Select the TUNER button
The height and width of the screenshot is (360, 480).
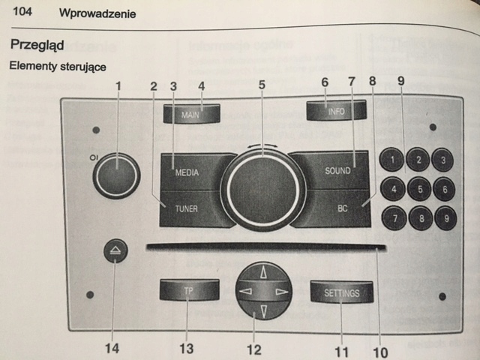click(187, 208)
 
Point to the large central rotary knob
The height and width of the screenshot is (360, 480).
click(263, 187)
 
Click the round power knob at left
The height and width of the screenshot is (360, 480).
click(117, 175)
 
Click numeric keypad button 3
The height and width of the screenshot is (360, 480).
click(445, 160)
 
